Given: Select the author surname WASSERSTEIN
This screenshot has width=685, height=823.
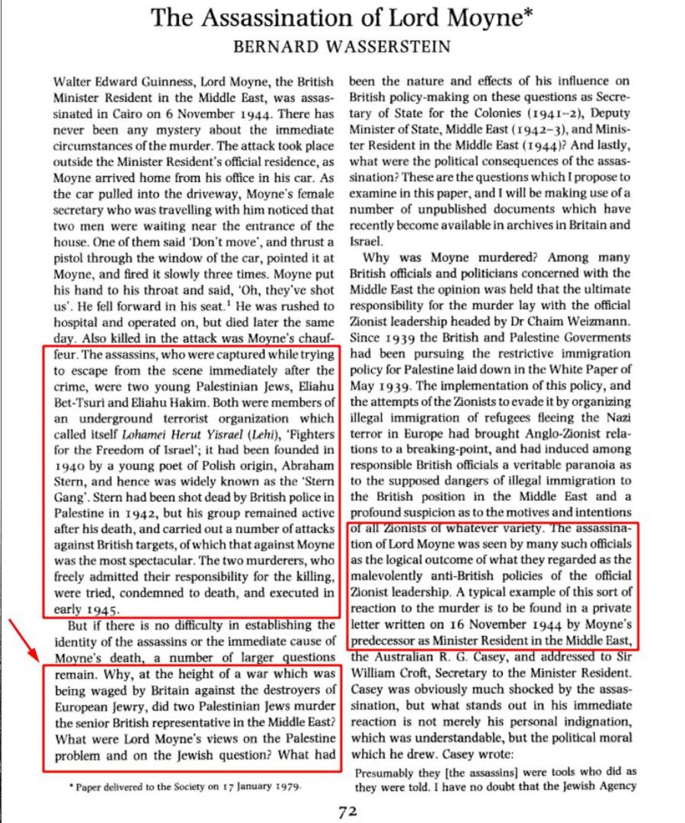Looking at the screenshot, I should coord(387,46).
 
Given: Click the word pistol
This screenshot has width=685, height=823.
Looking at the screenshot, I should coord(70,258).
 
